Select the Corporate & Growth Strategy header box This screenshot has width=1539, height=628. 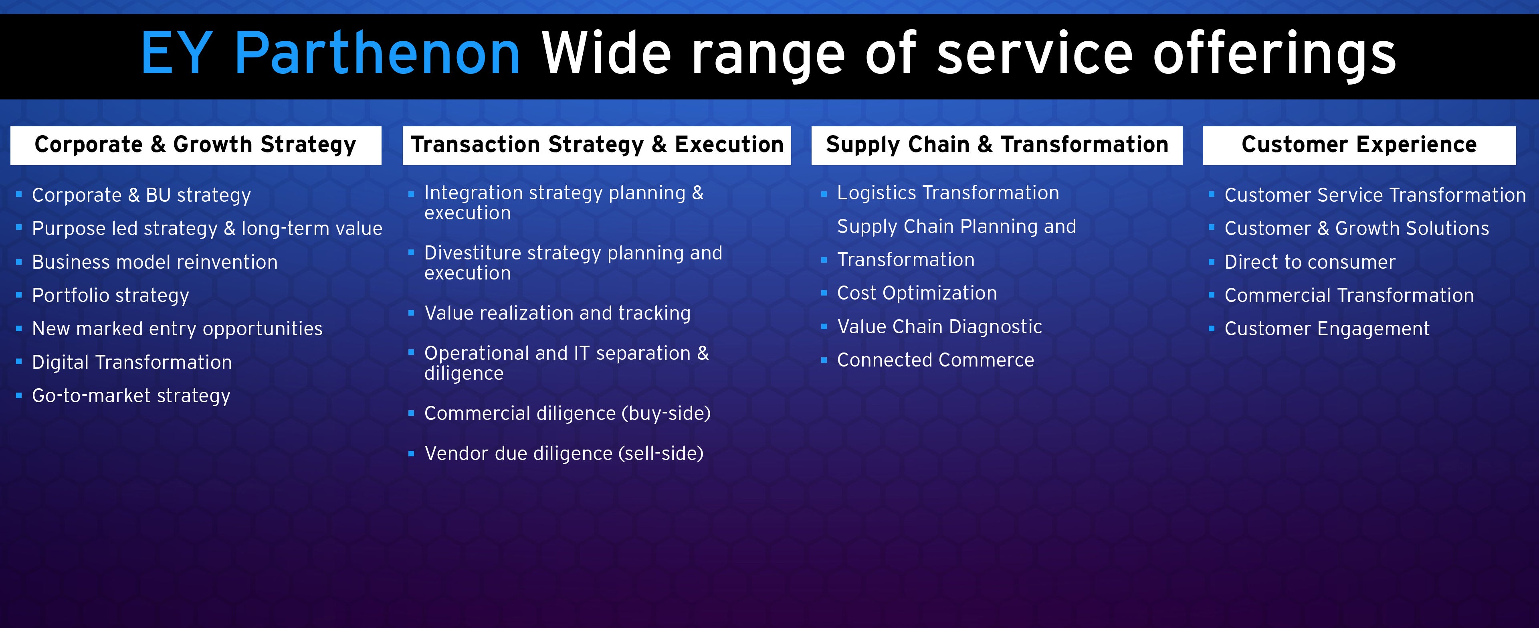pyautogui.click(x=195, y=145)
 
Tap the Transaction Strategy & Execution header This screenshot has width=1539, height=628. pyautogui.click(x=596, y=145)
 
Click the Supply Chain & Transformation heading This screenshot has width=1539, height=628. pyautogui.click(x=996, y=145)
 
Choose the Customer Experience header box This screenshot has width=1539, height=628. pyautogui.click(x=1359, y=145)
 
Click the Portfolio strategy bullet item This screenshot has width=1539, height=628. pyautogui.click(x=111, y=295)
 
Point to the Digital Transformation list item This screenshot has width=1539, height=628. pyautogui.click(x=131, y=362)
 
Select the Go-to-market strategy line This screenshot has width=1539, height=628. pyautogui.click(x=131, y=395)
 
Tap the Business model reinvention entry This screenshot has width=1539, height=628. pyautogui.click(x=155, y=262)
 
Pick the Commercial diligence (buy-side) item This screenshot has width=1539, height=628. pyautogui.click(x=567, y=413)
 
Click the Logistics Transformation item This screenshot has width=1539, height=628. pyautogui.click(x=947, y=193)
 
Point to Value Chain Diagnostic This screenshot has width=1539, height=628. pyautogui.click(x=939, y=327)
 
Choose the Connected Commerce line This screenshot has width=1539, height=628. pyautogui.click(x=935, y=360)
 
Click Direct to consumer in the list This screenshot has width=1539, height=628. pyautogui.click(x=1310, y=262)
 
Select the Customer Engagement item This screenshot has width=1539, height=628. pyautogui.click(x=1326, y=329)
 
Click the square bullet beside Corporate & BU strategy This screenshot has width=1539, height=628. pyautogui.click(x=19, y=194)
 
